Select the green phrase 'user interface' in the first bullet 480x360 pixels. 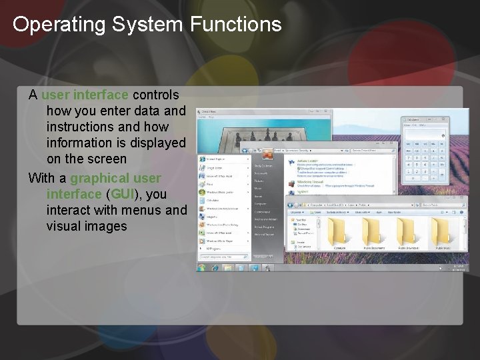tap(85, 95)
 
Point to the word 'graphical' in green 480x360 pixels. tap(100, 178)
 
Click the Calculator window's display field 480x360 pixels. tap(424, 135)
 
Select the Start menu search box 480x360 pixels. tap(223, 257)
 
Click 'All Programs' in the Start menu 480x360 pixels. tap(214, 249)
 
